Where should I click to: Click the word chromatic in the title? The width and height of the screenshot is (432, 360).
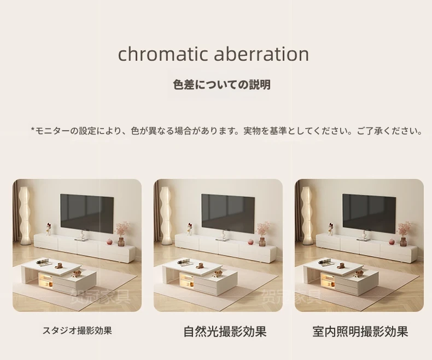click(x=162, y=54)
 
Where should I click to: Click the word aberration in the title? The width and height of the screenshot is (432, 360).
click(x=261, y=54)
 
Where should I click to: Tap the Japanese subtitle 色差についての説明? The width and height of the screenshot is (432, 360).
click(x=222, y=85)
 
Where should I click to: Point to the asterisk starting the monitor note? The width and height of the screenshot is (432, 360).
click(x=32, y=129)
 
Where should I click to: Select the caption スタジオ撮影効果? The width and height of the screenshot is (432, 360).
click(x=77, y=330)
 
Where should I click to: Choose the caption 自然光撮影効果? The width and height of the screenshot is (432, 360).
click(x=225, y=332)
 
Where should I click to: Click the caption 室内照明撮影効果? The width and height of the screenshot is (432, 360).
click(x=360, y=332)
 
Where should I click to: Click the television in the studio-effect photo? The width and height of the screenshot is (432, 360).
click(x=87, y=213)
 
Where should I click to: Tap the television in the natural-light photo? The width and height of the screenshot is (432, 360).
click(x=228, y=213)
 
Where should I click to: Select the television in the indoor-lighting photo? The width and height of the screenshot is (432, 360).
click(x=369, y=213)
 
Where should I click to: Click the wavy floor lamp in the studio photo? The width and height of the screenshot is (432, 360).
click(x=25, y=216)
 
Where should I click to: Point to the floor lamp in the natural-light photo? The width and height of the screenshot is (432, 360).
click(x=166, y=216)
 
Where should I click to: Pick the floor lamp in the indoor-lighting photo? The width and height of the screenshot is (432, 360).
click(x=307, y=216)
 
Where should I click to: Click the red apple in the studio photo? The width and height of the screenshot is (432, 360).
click(x=110, y=241)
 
